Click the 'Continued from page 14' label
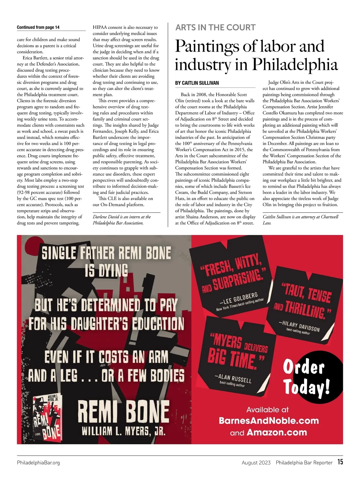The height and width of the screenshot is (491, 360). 38,27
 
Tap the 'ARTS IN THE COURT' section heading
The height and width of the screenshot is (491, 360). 215,28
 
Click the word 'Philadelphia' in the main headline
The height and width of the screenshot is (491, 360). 295,64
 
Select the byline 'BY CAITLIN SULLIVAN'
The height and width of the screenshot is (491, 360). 197,83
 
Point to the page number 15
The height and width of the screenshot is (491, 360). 340,462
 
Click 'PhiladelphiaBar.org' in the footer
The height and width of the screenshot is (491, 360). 38,463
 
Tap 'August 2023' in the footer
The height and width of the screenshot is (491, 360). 256,463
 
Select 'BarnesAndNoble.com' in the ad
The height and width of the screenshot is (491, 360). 268,421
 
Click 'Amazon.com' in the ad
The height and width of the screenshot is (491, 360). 277,432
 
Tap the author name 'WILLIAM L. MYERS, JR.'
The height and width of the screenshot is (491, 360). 123,431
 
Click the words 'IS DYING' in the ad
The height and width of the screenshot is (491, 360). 106,271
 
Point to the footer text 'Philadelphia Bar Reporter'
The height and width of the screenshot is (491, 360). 304,463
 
